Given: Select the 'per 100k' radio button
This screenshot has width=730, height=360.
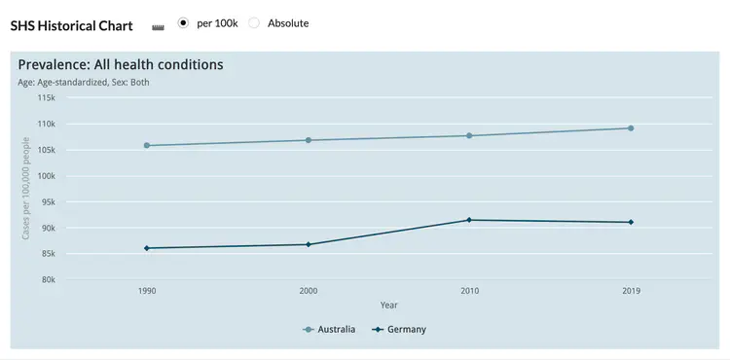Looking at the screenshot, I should coord(182,22).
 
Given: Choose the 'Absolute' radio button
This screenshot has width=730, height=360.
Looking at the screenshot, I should coord(254,22).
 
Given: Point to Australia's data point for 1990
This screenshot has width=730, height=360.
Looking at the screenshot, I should coord(147,146).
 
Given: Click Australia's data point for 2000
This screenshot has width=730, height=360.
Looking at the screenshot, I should coord(309,140).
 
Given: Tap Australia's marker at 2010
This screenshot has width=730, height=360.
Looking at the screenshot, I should coord(469,135).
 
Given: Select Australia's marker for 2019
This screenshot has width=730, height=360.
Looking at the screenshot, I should coord(631,128).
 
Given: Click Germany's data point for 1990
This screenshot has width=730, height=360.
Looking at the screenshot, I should coord(147,248).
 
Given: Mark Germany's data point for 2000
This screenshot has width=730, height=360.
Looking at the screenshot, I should coord(309,244).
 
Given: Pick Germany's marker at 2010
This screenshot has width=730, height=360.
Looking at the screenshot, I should coord(469,220).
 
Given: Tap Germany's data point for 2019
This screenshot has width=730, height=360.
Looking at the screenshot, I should coord(631,222).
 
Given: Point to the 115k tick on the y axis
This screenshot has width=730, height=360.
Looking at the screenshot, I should coord(47,98).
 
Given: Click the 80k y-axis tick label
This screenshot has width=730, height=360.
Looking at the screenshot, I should coord(49,280).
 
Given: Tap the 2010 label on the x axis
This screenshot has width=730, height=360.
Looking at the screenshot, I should coord(469,291).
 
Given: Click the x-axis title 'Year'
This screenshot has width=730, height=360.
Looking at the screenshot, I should coord(388,306).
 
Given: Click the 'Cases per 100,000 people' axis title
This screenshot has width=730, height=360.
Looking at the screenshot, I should coord(26,188).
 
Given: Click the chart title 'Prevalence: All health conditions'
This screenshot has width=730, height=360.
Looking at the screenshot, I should coord(121,65).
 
